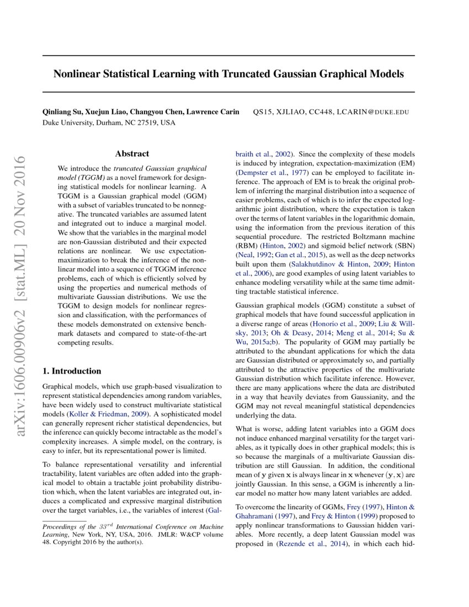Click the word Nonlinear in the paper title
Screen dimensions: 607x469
point(75,73)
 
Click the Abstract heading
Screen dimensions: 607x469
point(132,154)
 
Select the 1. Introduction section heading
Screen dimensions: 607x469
point(72,371)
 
